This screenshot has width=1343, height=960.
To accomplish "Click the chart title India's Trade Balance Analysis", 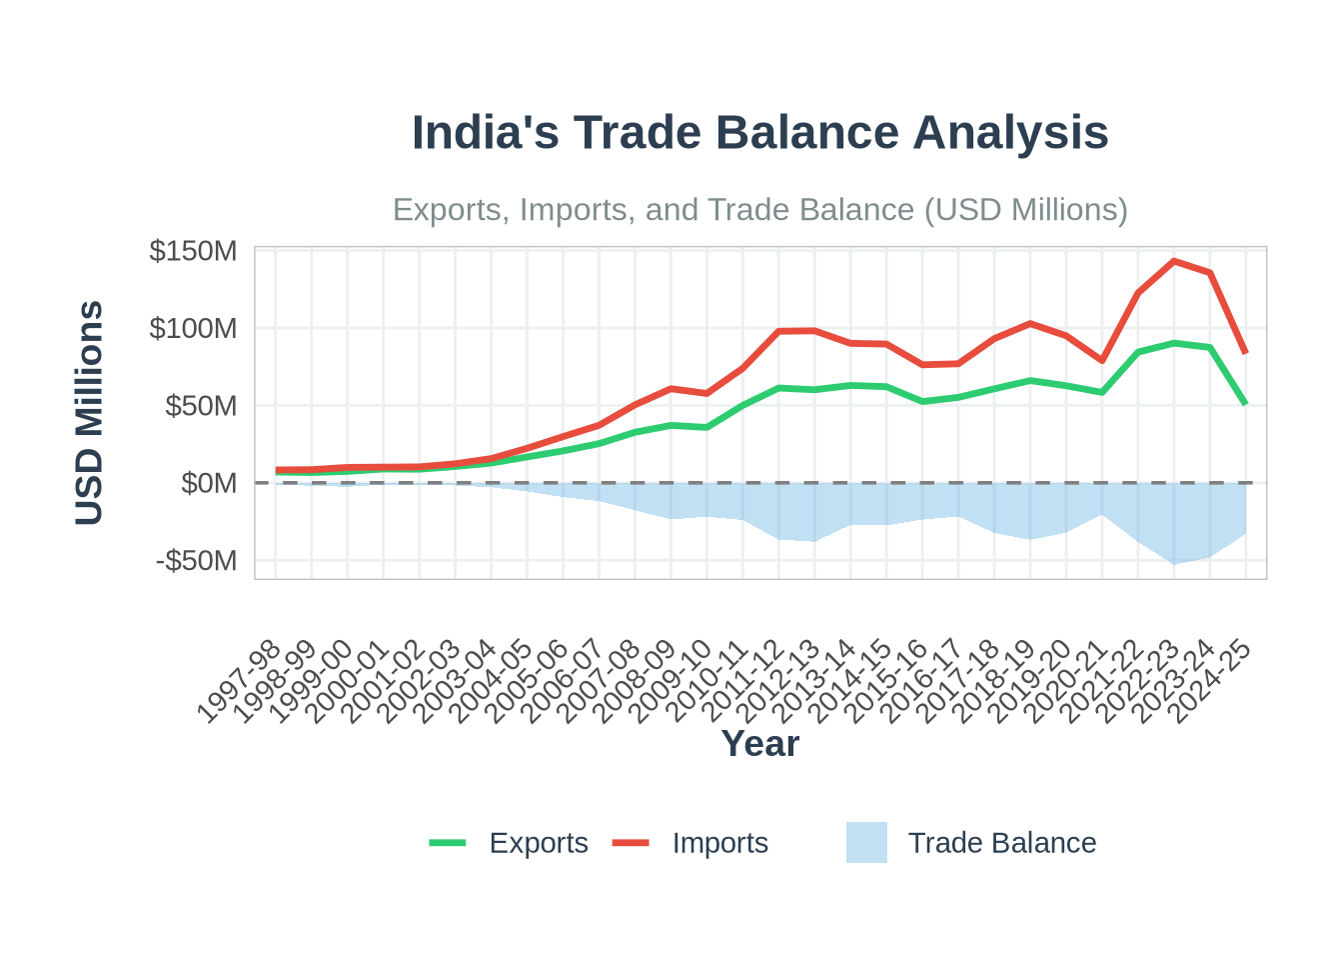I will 759,133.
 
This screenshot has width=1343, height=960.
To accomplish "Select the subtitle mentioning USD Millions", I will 759,210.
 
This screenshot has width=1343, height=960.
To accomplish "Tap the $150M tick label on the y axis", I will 193,251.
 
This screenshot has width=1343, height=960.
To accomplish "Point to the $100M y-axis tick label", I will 193,328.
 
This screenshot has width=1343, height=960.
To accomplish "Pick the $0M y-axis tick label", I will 209,483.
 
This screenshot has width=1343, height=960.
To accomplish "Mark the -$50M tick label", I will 197,561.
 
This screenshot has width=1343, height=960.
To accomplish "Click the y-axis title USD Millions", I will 90,412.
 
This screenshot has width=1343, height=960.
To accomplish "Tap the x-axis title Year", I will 759,744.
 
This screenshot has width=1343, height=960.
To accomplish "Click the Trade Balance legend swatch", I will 866,843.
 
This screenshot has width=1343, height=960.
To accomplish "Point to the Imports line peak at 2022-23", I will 1174,261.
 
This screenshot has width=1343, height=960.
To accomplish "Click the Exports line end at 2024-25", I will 1246,404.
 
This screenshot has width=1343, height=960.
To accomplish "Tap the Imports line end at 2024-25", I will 1246,353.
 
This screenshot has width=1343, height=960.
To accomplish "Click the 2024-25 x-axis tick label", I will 1211,682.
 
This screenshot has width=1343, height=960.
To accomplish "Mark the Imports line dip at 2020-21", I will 1102,360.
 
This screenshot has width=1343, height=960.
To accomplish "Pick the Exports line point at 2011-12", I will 778,388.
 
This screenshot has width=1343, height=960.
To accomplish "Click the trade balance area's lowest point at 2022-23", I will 1174,563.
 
